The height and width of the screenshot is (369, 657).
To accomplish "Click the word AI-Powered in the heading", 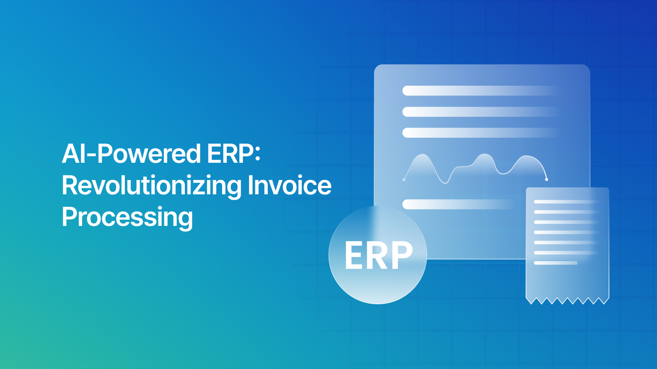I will click(x=131, y=154).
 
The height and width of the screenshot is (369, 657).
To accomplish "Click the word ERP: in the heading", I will click(x=234, y=154).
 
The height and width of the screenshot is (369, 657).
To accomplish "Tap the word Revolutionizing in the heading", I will click(x=152, y=186).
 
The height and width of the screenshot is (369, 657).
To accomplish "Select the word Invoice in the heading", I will click(x=289, y=186).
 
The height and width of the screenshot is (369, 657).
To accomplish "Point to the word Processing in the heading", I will click(x=127, y=217).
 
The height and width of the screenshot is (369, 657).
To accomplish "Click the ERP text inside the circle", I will click(x=378, y=255).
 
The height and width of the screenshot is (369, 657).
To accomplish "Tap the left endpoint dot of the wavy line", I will click(x=404, y=180).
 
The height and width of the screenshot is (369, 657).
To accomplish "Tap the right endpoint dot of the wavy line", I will click(x=547, y=179).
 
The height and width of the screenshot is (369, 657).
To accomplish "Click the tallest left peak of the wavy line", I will click(x=422, y=155).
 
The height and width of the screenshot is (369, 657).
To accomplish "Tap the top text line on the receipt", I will click(x=565, y=202).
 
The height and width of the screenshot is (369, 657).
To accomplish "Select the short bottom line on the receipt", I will click(x=556, y=263).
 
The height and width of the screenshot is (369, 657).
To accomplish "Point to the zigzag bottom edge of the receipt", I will click(x=567, y=301).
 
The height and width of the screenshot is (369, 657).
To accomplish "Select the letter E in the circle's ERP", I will click(x=354, y=255).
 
